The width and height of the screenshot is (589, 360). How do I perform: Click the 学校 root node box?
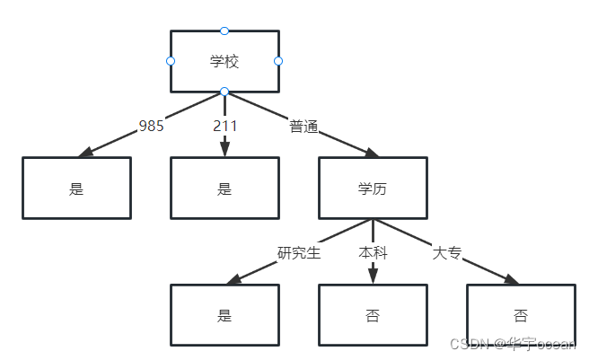coord(224,61)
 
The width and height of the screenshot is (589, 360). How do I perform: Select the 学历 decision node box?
coord(373,189)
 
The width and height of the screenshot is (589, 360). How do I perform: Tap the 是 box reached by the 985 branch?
coord(76,189)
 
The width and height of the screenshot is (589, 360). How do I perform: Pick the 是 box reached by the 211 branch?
coord(224,189)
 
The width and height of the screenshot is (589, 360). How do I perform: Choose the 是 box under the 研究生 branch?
coord(224,315)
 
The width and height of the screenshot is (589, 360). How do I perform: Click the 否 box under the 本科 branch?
coord(373,315)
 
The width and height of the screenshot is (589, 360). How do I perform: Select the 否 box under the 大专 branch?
coord(520,315)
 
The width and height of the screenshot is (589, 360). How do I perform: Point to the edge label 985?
coord(151,126)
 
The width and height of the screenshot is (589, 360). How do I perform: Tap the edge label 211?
coord(224,126)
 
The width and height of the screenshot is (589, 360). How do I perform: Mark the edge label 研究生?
coord(299,252)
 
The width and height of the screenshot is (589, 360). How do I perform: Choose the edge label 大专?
coord(447,252)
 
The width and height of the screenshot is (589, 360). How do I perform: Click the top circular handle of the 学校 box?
coord(224,31)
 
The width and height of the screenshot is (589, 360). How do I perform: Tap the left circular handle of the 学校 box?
coord(171,61)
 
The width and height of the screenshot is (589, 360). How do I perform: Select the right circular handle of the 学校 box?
coord(278,61)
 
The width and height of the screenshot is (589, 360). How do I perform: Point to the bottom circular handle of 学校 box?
coord(224,92)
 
